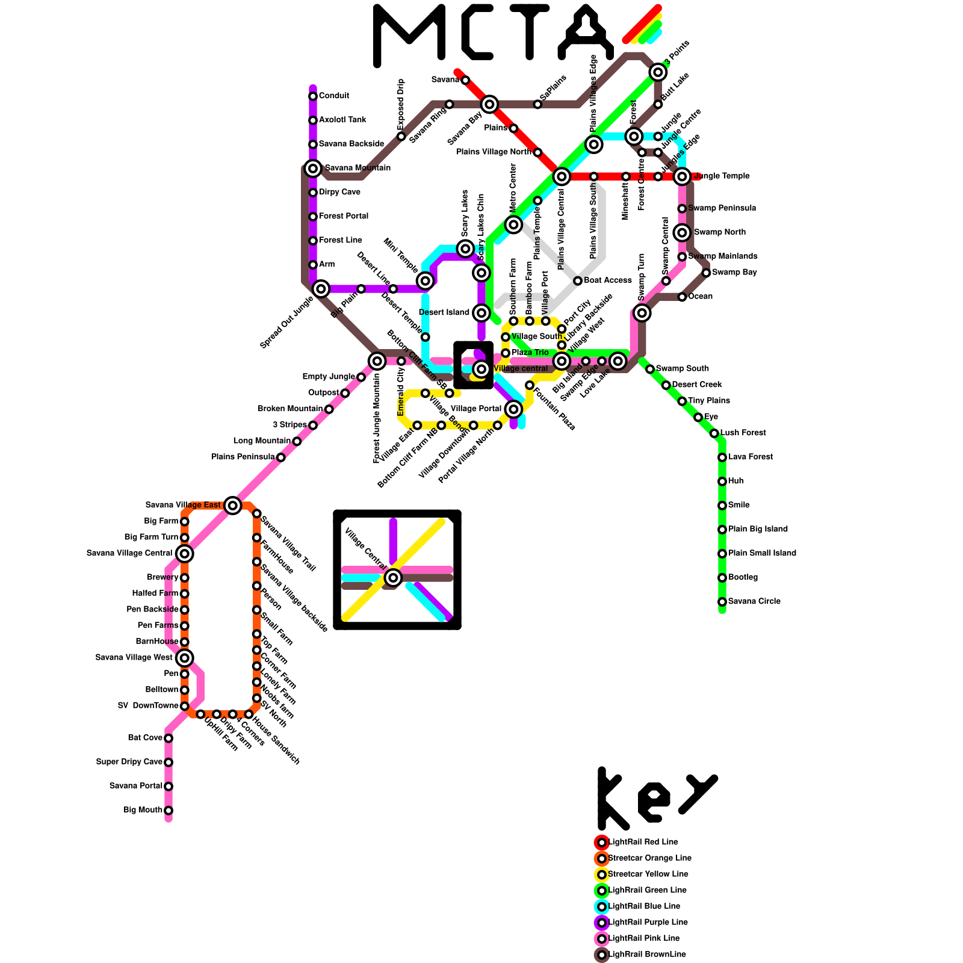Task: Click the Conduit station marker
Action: pyautogui.click(x=313, y=96)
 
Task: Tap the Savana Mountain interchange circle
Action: pyautogui.click(x=313, y=169)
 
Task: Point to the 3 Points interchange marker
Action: pyautogui.click(x=658, y=72)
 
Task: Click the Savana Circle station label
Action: pyautogui.click(x=754, y=601)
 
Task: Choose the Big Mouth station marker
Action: pyautogui.click(x=169, y=810)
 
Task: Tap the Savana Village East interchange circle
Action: pyautogui.click(x=233, y=506)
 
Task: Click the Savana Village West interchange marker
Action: pyautogui.click(x=185, y=658)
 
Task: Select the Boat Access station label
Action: pyautogui.click(x=608, y=280)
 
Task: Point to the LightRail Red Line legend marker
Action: pyautogui.click(x=602, y=843)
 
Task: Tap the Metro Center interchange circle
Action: pyautogui.click(x=513, y=225)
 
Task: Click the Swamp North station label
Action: pyautogui.click(x=720, y=232)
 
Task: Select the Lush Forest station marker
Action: pyautogui.click(x=714, y=433)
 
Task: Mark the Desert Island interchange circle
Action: pyautogui.click(x=482, y=313)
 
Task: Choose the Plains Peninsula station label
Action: pyautogui.click(x=243, y=457)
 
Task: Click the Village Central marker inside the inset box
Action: pyautogui.click(x=393, y=578)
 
